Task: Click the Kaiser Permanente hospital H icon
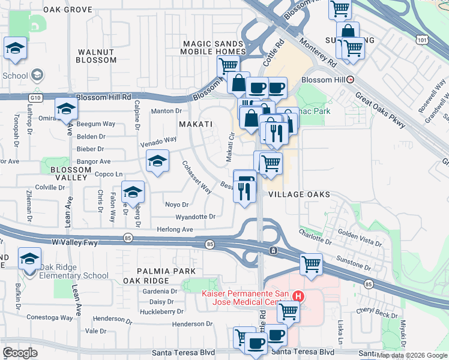click(298, 296)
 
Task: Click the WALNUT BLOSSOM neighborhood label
click(97, 56)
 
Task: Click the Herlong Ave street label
click(175, 229)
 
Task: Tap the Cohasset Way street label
click(197, 178)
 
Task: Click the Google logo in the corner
click(20, 352)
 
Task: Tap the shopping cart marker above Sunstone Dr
click(311, 263)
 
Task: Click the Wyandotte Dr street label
click(195, 217)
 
